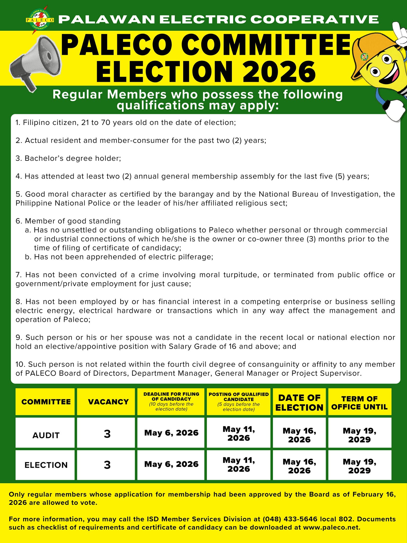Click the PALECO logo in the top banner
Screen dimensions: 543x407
[x=40, y=20]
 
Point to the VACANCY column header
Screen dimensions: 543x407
[x=108, y=402]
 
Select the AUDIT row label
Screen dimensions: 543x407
[x=46, y=435]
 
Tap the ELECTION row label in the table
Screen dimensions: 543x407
[x=46, y=465]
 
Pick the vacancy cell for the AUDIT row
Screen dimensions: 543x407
[x=107, y=434]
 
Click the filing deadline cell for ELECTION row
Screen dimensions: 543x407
[x=171, y=464]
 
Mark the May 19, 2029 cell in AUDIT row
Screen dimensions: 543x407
[x=359, y=435]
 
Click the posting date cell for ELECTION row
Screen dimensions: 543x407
[x=239, y=465]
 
